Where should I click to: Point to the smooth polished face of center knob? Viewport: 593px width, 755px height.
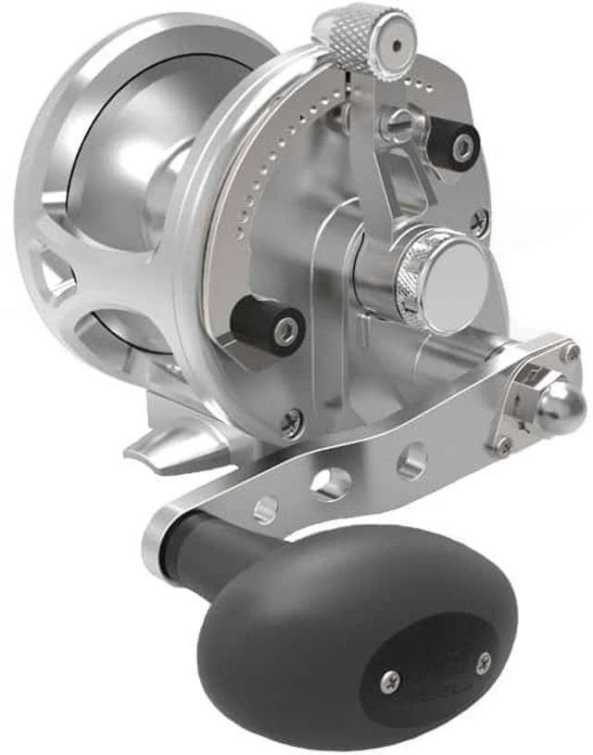tap(456, 283)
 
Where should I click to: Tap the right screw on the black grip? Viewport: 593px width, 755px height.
tap(483, 662)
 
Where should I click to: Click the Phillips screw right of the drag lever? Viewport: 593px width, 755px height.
tap(479, 221)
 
